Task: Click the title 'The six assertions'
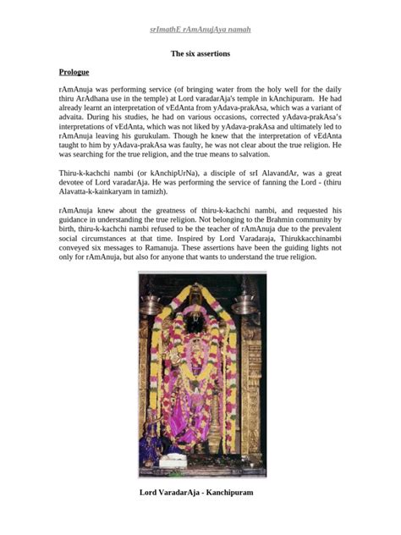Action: [200, 53]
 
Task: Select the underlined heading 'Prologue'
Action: [74, 72]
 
